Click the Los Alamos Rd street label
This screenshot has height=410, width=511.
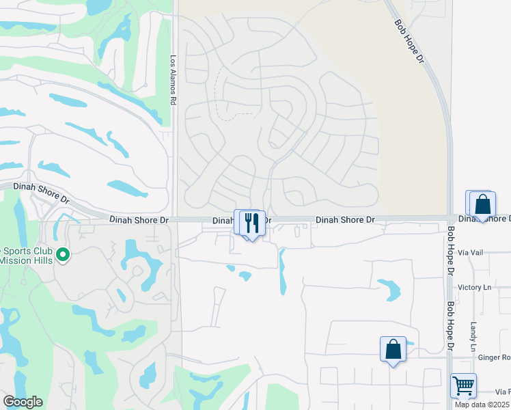174,80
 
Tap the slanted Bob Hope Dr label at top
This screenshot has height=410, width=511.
409,42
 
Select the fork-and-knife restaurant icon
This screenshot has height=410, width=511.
251,222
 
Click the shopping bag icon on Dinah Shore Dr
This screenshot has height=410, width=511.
482,204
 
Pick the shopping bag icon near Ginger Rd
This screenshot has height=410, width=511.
393,349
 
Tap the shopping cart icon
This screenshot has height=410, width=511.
463,386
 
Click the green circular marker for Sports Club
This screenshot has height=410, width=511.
63,255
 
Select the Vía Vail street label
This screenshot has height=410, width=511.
472,252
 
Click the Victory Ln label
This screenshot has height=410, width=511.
475,288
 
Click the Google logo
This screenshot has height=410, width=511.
23,402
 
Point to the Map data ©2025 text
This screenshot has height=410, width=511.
482,405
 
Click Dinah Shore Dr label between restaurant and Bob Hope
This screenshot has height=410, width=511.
345,220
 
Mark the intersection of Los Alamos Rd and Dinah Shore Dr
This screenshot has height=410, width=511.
174,219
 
